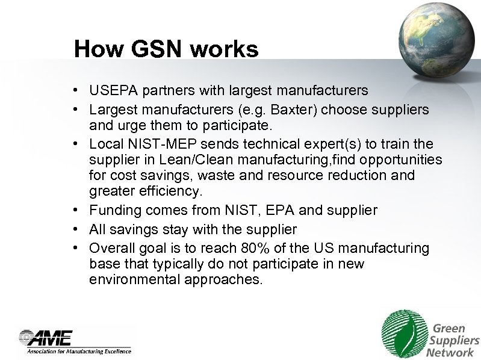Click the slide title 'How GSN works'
coord(166,49)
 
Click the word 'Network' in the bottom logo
coord(450,353)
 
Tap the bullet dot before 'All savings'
coord(78,229)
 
